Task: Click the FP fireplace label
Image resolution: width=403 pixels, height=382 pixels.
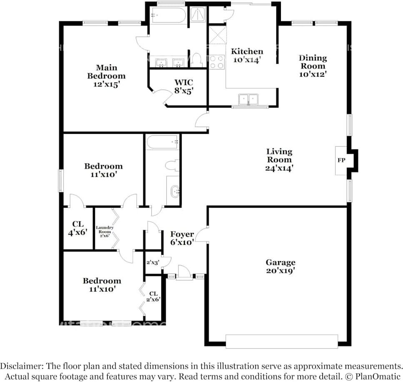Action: coord(341,160)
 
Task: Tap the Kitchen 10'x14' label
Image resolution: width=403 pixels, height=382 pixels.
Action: coord(247,55)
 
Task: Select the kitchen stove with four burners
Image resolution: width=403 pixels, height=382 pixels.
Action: coord(217,62)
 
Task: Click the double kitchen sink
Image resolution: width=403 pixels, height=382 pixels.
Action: coord(248,100)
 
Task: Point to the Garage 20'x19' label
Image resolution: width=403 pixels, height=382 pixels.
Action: coord(280,266)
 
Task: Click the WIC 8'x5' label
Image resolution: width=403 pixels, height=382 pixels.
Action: coord(184,86)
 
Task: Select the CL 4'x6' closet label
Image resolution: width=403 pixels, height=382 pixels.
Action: coord(78,228)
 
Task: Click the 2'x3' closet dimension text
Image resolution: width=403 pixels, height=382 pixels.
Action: coord(153,263)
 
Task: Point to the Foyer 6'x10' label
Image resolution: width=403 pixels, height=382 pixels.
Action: coord(182,238)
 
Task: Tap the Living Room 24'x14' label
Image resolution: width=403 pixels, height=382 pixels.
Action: coord(279,159)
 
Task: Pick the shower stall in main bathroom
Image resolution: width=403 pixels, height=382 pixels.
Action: coord(198,15)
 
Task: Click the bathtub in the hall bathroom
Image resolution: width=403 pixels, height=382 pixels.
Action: coord(162,142)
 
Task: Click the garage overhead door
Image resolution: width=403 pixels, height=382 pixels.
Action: coord(282,342)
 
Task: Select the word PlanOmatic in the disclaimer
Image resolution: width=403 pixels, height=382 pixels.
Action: coord(378,377)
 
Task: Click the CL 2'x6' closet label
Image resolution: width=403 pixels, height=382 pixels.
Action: coord(153,297)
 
